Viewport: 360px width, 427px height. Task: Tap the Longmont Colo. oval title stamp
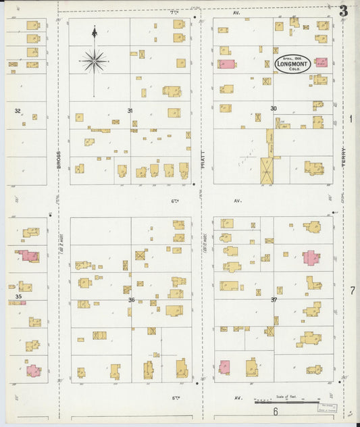tap(292, 64)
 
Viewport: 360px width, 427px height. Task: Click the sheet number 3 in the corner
tap(344, 11)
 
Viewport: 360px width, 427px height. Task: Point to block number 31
tap(130, 110)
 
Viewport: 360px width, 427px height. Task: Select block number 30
tap(274, 108)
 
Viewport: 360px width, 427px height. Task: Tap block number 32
tap(18, 110)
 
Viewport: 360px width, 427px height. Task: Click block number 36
tap(131, 300)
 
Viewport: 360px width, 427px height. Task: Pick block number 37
tap(274, 299)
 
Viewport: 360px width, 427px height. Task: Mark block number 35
tap(19, 296)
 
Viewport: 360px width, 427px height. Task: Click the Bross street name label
tap(59, 158)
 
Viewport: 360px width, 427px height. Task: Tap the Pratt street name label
tap(202, 158)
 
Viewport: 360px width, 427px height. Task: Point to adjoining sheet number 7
tap(352, 291)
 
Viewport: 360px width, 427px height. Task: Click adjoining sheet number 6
tap(276, 411)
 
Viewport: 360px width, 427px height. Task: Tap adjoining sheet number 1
tap(351, 119)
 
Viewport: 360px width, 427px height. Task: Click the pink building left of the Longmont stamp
tap(226, 64)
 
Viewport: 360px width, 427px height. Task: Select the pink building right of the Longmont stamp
tap(322, 62)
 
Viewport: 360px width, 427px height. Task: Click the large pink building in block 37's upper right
tap(310, 257)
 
